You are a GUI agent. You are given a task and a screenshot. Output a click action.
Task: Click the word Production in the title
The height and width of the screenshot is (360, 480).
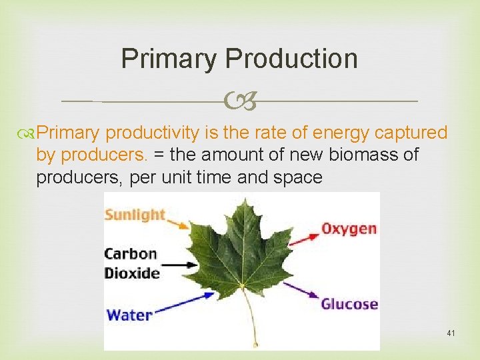(291, 59)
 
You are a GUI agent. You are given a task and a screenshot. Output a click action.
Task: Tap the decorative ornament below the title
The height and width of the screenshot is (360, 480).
(239, 101)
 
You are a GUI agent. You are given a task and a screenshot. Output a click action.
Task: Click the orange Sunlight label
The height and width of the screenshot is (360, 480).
(135, 215)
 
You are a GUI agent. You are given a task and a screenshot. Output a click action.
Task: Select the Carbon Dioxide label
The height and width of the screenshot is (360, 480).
(131, 263)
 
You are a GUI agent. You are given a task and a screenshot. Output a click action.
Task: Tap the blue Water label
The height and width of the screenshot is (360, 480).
(128, 314)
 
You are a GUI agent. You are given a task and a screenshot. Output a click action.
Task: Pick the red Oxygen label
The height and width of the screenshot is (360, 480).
(349, 229)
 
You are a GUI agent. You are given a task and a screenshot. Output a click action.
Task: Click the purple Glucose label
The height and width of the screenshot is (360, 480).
(349, 304)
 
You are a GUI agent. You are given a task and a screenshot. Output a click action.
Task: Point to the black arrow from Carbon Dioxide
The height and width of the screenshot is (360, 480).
(179, 265)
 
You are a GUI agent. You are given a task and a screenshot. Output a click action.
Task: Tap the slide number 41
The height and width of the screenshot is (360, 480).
(451, 332)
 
